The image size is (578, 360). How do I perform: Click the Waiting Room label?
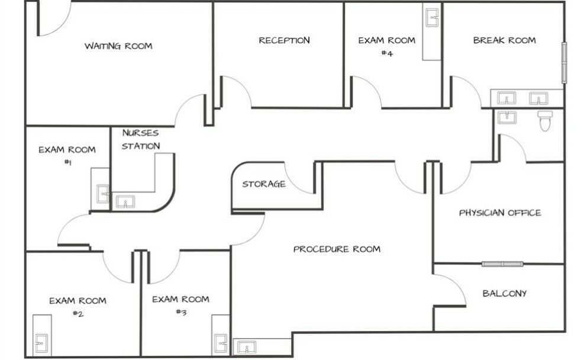click(x=118, y=46)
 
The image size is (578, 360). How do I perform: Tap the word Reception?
click(x=284, y=40)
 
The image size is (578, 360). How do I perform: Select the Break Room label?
click(x=504, y=40)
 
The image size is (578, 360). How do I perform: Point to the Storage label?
click(x=264, y=184)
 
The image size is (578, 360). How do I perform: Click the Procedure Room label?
click(x=337, y=249)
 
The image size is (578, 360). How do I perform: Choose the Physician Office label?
click(x=500, y=213)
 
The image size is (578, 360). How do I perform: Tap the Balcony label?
click(x=504, y=293)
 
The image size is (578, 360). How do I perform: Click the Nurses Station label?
click(x=141, y=139)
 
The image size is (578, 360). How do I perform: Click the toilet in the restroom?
click(x=545, y=120)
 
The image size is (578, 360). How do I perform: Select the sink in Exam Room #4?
click(x=432, y=18)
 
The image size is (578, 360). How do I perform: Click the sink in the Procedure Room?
click(x=247, y=347)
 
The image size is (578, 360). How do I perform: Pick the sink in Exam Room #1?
click(x=102, y=194)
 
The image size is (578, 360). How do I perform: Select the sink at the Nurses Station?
click(x=125, y=202)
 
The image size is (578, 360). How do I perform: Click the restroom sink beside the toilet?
click(x=507, y=117)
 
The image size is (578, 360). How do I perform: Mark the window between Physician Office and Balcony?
click(x=502, y=263)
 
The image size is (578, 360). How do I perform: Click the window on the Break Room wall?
click(x=564, y=63)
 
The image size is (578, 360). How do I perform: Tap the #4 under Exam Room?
click(x=387, y=53)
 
